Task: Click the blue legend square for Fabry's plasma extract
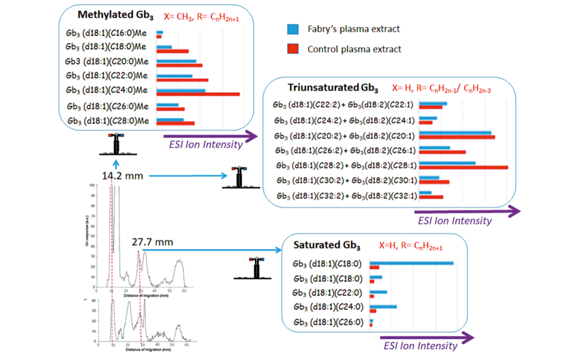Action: (291, 29)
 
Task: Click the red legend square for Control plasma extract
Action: (291, 49)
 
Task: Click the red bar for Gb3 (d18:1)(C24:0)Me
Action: (198, 94)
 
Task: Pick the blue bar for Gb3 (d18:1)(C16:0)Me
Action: (159, 32)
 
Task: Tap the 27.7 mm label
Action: (153, 241)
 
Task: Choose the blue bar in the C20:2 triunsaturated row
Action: (455, 132)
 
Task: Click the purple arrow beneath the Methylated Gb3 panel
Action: (210, 134)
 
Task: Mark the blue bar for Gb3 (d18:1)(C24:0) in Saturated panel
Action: (383, 306)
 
